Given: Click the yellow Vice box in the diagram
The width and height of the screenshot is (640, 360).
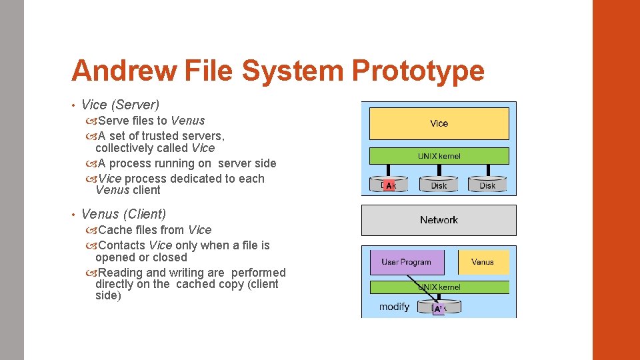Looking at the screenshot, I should [x=439, y=123].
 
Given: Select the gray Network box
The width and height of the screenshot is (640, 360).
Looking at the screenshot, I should [x=439, y=220].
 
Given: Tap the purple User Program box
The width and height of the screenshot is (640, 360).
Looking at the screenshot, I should [x=407, y=262].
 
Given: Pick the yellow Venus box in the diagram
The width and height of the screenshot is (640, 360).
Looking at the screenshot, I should [x=483, y=262].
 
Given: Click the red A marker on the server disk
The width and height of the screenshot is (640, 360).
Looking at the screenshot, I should [x=389, y=186].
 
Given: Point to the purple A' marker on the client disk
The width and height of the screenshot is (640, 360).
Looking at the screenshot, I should [x=438, y=309].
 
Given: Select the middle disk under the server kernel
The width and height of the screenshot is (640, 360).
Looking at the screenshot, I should [x=439, y=185].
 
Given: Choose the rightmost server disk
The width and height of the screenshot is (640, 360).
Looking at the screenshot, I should [x=487, y=185].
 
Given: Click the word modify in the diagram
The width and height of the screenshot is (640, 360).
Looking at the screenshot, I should [x=394, y=307].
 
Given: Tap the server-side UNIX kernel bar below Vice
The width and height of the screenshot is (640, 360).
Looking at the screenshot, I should [x=439, y=156].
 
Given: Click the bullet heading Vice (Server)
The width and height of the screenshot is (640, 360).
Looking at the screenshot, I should [x=120, y=105].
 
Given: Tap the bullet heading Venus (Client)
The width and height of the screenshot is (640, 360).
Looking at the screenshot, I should [x=123, y=214].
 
